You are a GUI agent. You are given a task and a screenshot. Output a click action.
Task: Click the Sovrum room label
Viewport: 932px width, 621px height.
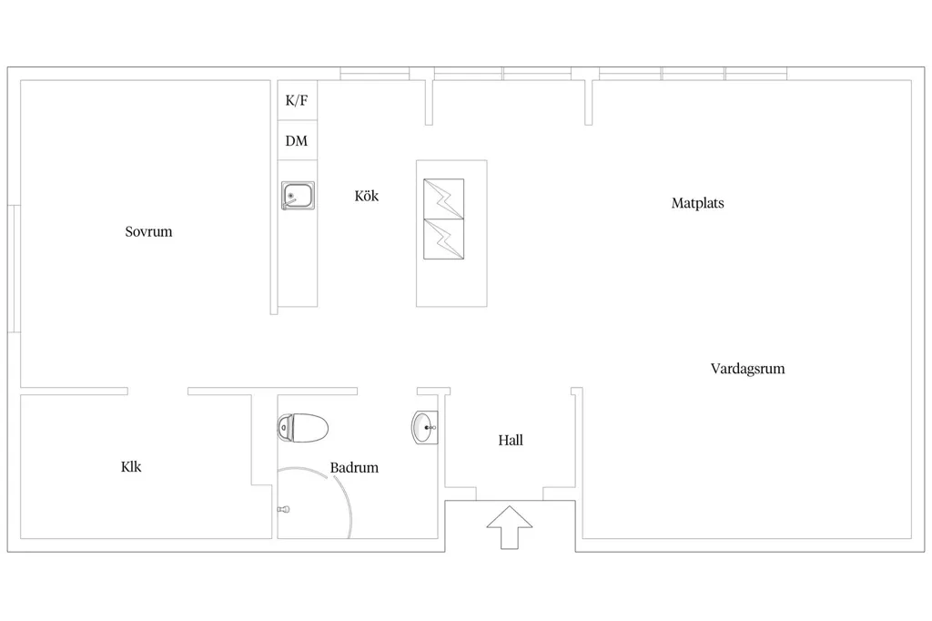pos(148,231)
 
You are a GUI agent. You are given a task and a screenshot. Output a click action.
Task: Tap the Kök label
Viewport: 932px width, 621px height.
pos(366,196)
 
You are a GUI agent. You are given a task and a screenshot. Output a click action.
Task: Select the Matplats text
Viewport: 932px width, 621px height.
pos(698,203)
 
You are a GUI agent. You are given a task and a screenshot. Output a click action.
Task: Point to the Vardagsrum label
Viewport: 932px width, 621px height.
pos(748,368)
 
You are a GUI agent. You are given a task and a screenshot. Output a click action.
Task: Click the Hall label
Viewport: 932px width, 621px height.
pos(511,440)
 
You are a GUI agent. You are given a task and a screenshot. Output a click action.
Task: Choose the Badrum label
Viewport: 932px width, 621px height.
pos(354,467)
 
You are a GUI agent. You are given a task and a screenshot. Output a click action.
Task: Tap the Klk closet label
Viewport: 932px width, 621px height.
pos(131,466)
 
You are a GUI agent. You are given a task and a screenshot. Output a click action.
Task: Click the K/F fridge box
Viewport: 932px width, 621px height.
pos(298,100)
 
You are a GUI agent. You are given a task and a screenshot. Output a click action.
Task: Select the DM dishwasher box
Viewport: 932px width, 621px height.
pos(298,140)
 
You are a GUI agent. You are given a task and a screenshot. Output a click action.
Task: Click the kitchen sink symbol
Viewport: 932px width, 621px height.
pos(298,196)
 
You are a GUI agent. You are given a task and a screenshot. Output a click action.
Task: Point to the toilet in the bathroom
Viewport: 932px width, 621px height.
pos(302,428)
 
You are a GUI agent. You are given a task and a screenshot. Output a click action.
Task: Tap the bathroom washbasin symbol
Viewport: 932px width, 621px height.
pos(424,427)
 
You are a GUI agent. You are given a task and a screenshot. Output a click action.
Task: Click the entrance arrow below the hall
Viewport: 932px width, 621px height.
pos(510,527)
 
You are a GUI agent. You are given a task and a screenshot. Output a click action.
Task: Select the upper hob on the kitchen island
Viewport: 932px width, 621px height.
pos(444,199)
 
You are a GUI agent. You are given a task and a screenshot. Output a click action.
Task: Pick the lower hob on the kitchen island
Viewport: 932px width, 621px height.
pos(444,239)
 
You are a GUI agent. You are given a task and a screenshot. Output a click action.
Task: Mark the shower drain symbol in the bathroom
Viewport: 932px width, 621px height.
pos(284,509)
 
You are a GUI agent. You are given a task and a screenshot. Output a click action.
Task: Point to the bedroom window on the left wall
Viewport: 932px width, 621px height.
pos(15,269)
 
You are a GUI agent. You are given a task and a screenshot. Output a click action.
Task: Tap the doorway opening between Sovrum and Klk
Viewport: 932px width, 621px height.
pos(157,391)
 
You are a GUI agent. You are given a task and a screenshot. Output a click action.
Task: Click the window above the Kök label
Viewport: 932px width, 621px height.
pos(374,74)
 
